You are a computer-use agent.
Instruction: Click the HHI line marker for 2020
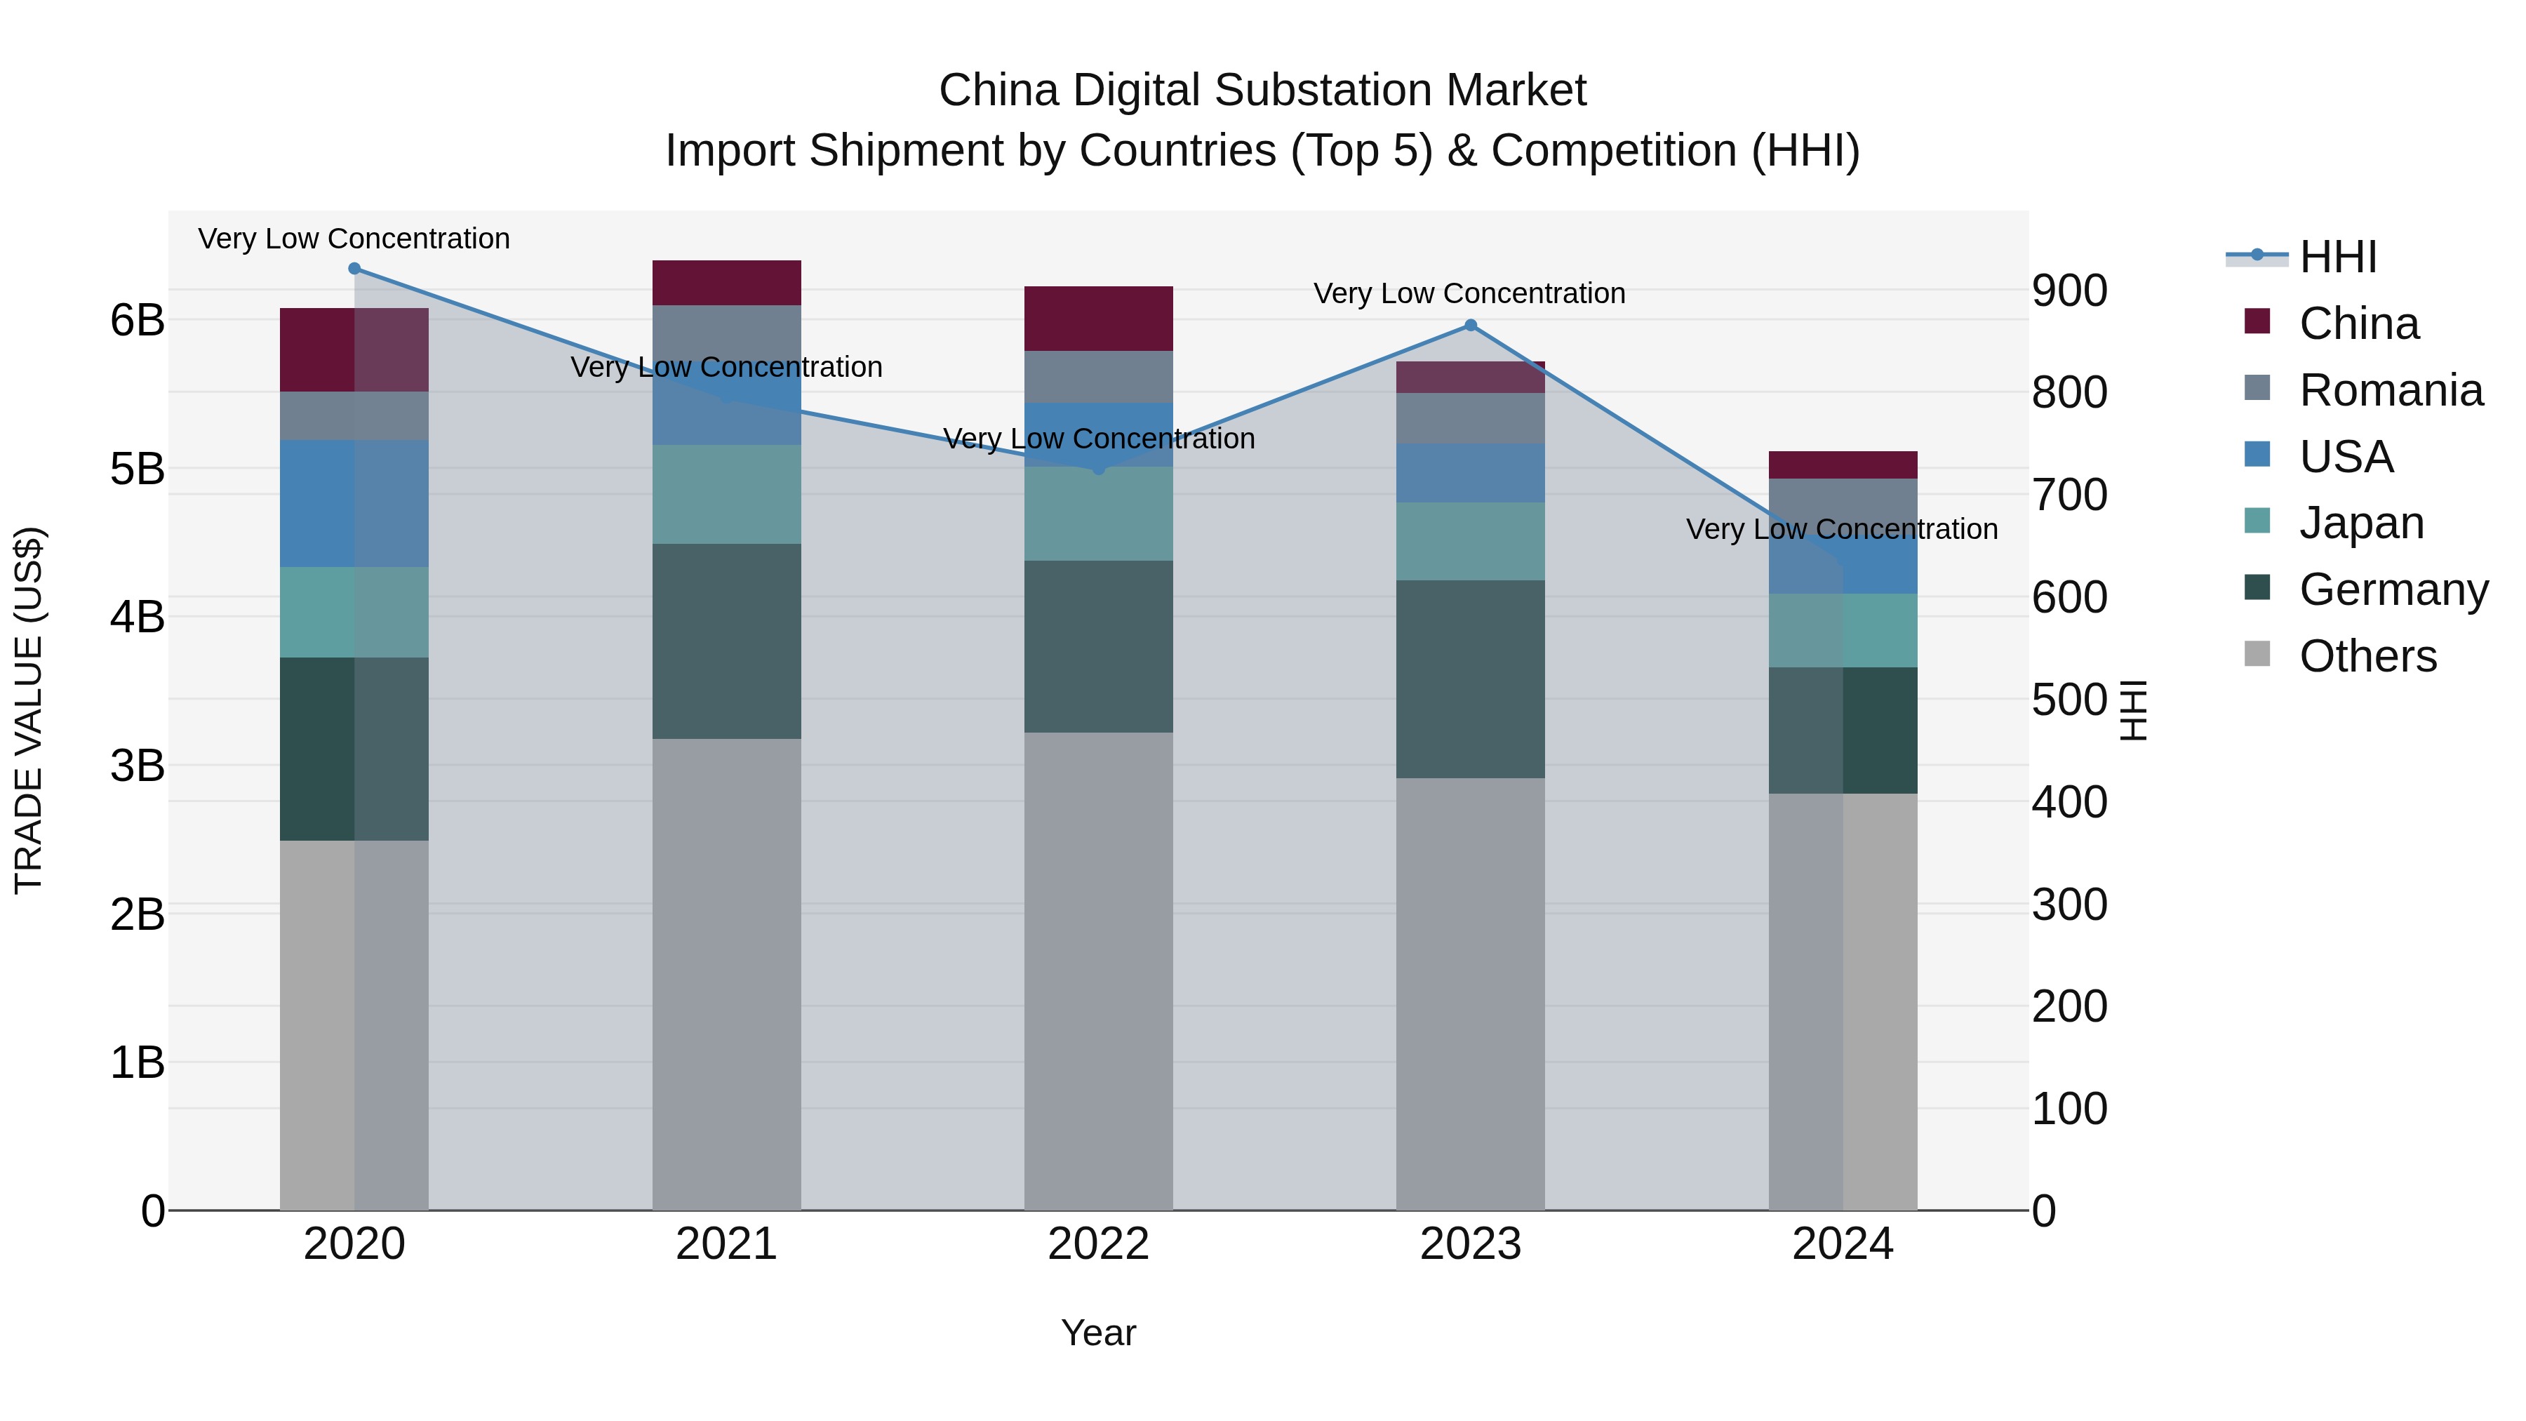pos(354,269)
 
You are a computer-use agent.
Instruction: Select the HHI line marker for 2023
pos(1470,326)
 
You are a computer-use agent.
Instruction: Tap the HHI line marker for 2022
pos(1098,469)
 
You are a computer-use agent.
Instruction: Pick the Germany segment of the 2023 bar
pos(1470,679)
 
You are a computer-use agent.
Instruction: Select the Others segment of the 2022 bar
pos(1098,971)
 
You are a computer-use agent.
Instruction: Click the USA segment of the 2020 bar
pos(354,503)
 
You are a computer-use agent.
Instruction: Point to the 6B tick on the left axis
pos(138,320)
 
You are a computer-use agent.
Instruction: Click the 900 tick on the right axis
pos(2069,291)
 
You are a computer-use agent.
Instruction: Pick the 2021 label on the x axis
pos(727,1244)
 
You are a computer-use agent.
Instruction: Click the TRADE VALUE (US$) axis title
pos(29,710)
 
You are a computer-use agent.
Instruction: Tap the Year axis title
pos(1098,1333)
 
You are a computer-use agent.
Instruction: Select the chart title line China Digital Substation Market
pos(1262,91)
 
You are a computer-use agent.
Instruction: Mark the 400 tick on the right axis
pos(2069,802)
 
